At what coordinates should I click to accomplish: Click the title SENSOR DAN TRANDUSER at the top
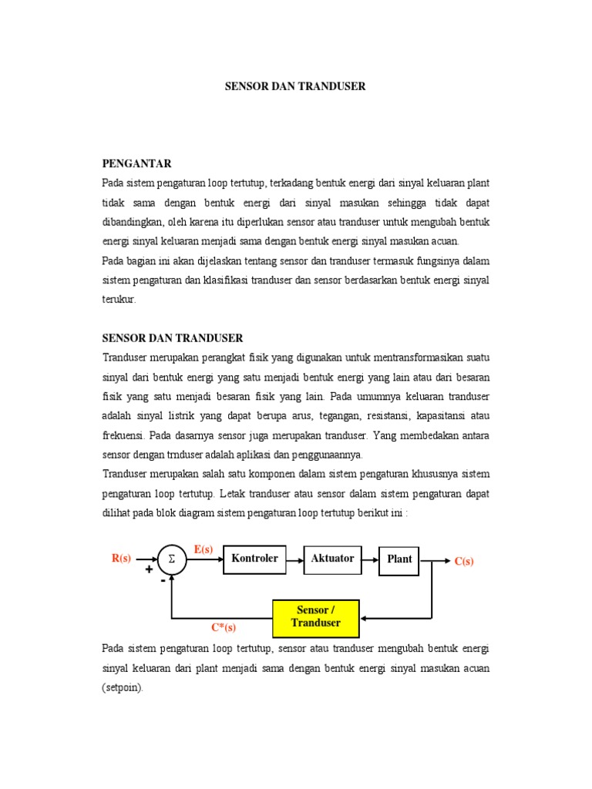[295, 86]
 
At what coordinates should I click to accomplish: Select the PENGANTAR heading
[136, 163]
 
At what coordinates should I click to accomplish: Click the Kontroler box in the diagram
[254, 559]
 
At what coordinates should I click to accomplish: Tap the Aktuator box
[333, 559]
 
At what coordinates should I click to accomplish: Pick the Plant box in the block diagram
[399, 560]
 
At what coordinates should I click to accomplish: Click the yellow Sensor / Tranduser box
[316, 616]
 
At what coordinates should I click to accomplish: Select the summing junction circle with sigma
[173, 560]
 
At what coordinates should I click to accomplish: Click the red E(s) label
[203, 549]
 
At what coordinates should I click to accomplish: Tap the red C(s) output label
[464, 562]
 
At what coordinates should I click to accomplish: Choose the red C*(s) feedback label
[224, 627]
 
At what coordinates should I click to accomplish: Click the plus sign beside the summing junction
[148, 570]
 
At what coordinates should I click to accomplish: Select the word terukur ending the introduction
[119, 299]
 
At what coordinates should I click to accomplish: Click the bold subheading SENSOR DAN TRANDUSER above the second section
[173, 337]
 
